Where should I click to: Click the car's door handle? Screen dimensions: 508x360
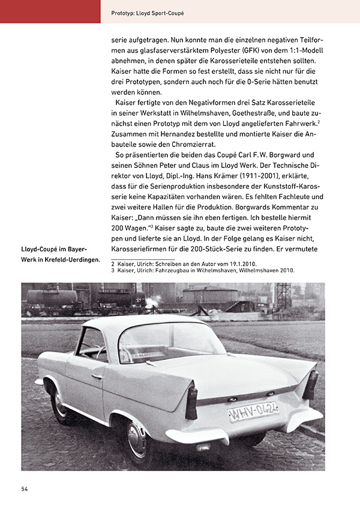(x=97, y=377)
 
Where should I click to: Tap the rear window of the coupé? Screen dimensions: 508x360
(x=162, y=342)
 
